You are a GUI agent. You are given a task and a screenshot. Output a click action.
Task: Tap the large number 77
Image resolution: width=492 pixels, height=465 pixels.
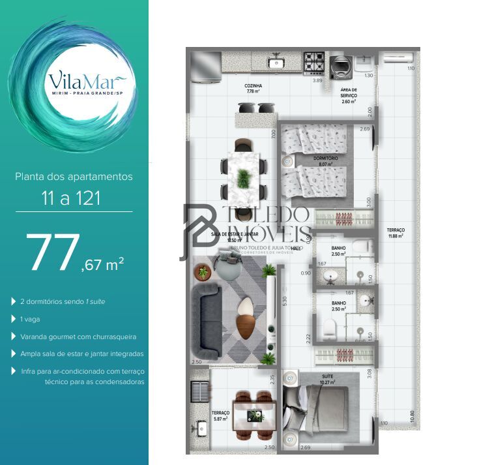(52, 253)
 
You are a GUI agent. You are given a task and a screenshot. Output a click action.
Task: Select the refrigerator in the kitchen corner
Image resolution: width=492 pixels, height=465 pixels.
(205, 65)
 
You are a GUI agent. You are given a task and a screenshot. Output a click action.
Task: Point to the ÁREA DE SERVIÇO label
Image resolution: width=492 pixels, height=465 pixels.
(349, 96)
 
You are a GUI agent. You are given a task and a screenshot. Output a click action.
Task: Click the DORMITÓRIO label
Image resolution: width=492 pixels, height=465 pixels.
(325, 160)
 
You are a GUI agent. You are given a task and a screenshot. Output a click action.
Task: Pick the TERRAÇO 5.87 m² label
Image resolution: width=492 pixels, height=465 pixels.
(220, 416)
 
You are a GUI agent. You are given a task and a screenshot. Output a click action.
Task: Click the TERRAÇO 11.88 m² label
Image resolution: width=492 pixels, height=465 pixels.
(396, 233)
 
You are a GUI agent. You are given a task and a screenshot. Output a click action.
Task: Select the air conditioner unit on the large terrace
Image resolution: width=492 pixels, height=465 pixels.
(397, 57)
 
